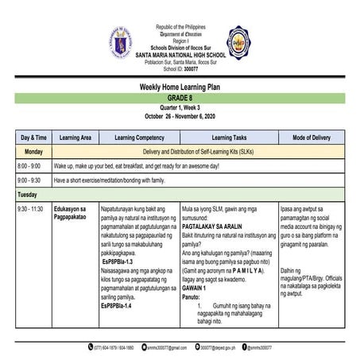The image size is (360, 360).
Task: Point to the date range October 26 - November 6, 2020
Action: pyautogui.click(x=180, y=117)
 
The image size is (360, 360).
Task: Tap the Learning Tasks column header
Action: pyautogui.click(x=228, y=137)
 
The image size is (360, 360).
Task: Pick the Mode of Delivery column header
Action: pyautogui.click(x=311, y=137)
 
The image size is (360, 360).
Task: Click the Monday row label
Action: pyautogui.click(x=33, y=150)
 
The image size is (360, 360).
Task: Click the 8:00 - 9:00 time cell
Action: pyautogui.click(x=29, y=165)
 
